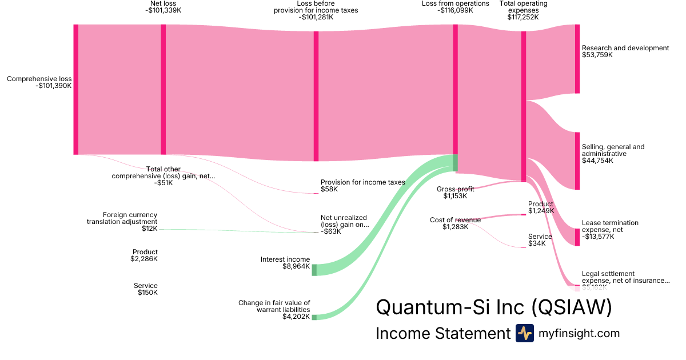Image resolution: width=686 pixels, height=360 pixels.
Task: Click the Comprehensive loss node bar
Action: click(x=75, y=89)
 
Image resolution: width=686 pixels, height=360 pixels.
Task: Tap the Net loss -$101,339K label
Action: click(x=163, y=7)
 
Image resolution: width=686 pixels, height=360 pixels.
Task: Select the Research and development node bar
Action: click(x=577, y=59)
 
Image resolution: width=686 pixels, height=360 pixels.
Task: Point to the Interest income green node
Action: click(x=314, y=270)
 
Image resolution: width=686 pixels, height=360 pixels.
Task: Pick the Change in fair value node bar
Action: click(x=314, y=317)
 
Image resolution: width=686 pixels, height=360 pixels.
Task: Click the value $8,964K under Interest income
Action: click(x=296, y=266)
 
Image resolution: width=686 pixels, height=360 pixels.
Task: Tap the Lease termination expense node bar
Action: click(x=577, y=237)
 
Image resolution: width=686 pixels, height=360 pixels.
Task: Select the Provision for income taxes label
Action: click(x=362, y=182)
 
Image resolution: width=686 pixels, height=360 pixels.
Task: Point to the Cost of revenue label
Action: click(x=455, y=220)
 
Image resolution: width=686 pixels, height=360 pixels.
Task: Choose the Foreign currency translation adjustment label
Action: click(x=122, y=222)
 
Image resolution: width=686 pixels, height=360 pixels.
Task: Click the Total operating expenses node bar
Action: click(x=523, y=106)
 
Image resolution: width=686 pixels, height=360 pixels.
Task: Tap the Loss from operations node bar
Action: click(x=455, y=97)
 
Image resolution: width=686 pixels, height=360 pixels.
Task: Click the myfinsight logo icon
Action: click(x=524, y=333)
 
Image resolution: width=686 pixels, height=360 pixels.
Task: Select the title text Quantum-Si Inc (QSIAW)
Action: click(x=493, y=307)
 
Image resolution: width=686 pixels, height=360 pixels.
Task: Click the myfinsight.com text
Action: click(x=579, y=333)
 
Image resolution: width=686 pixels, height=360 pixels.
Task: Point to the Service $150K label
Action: click(x=146, y=289)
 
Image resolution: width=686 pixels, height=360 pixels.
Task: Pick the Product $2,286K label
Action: click(x=145, y=255)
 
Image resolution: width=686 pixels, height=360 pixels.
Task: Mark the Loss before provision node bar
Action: click(x=316, y=96)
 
